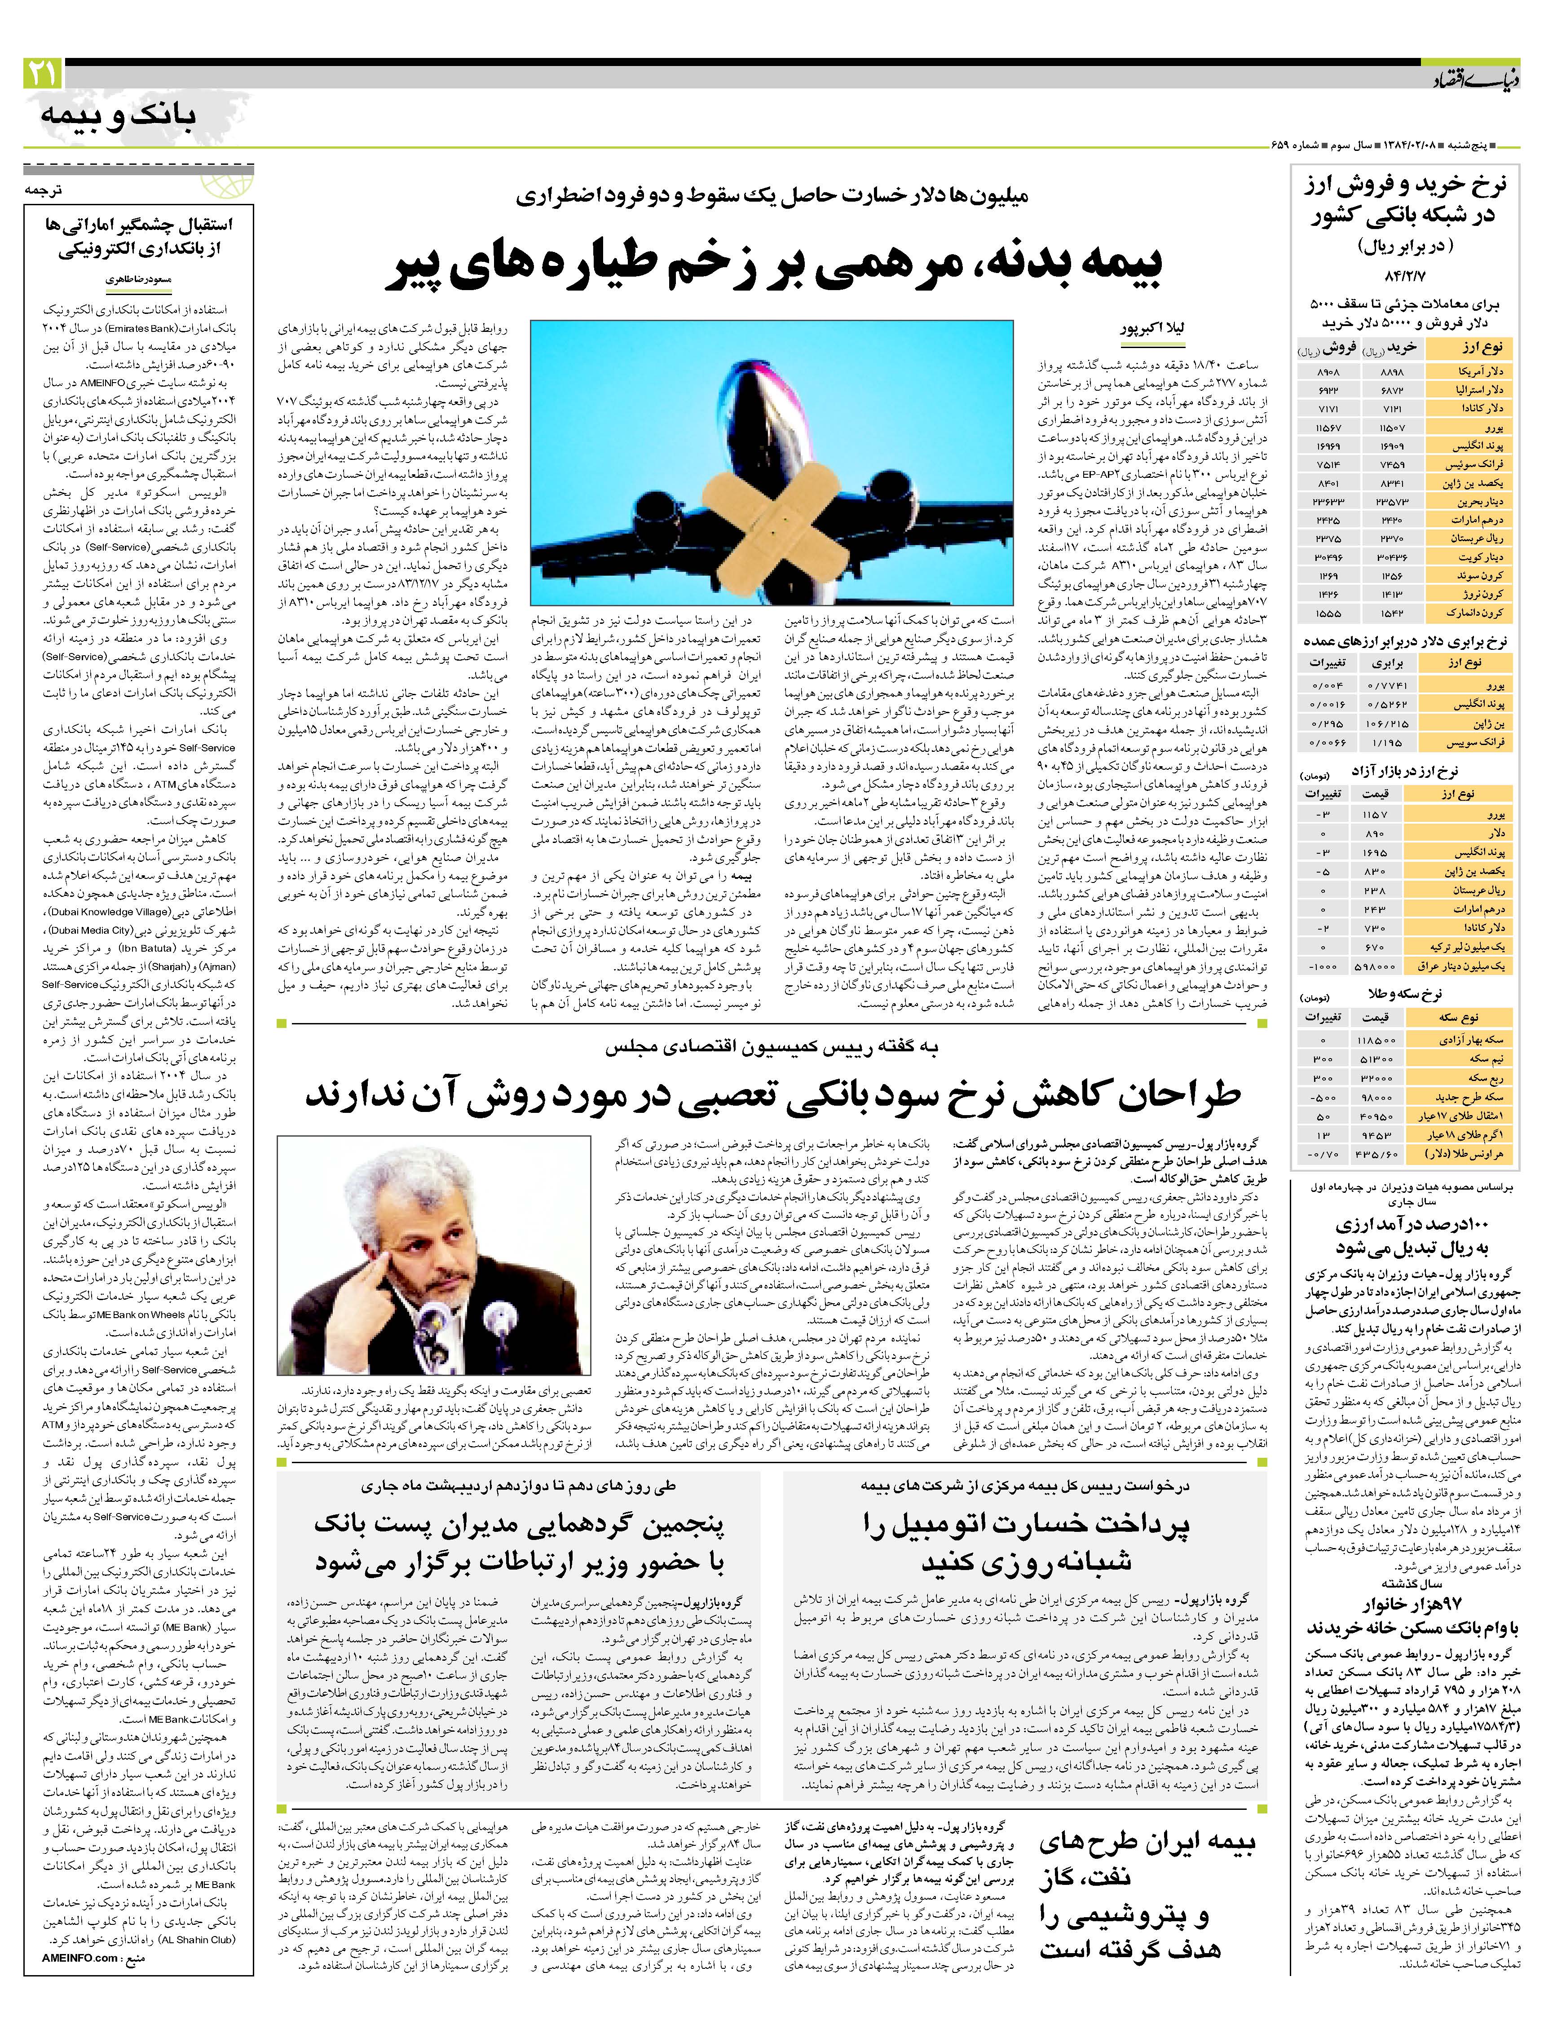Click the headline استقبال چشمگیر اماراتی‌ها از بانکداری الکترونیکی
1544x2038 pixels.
point(138,237)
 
